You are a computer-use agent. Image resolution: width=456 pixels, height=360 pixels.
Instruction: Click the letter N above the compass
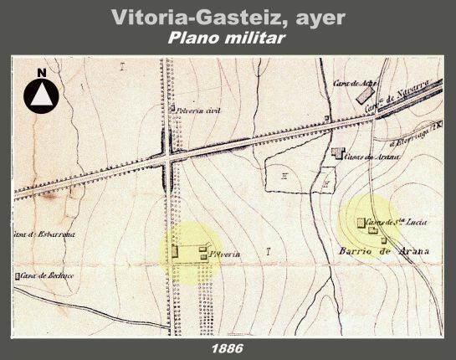(40, 74)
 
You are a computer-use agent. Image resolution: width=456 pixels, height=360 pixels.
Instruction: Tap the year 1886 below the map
(228, 346)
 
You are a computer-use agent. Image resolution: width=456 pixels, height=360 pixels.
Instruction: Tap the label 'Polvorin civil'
(198, 110)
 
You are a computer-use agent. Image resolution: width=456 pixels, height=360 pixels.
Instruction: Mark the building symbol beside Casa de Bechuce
(18, 276)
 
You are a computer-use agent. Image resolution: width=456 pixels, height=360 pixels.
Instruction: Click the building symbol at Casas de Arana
(337, 152)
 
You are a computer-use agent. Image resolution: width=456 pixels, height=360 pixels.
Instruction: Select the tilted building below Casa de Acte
(365, 95)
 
